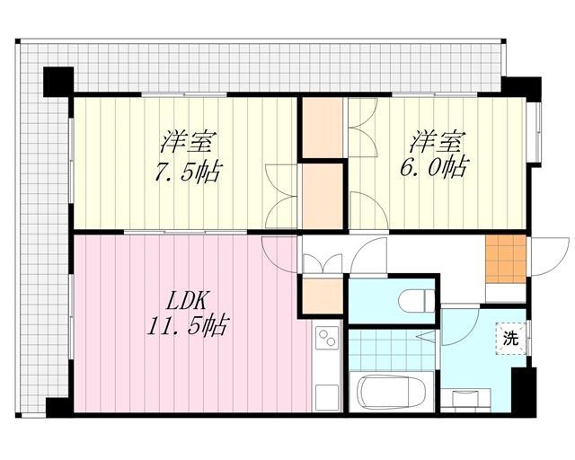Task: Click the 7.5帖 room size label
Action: [x=188, y=172]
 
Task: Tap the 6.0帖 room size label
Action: [x=433, y=168]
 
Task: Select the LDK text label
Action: [x=188, y=301]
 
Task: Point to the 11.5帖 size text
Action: [x=188, y=324]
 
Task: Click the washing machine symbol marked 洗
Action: [x=511, y=338]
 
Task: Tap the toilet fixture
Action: [x=417, y=301]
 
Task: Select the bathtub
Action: [x=392, y=392]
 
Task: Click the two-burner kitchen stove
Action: [x=326, y=338]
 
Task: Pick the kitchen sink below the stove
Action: [x=326, y=397]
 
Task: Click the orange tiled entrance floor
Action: [x=506, y=259]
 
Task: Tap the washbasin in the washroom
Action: [x=465, y=398]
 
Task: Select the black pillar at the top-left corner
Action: [x=58, y=82]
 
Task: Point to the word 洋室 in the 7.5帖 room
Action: [x=188, y=141]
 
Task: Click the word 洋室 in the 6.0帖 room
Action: [x=438, y=141]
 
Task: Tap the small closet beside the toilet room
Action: [x=323, y=296]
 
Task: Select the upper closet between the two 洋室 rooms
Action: [x=323, y=128]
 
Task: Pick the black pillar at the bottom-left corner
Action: [x=59, y=407]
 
